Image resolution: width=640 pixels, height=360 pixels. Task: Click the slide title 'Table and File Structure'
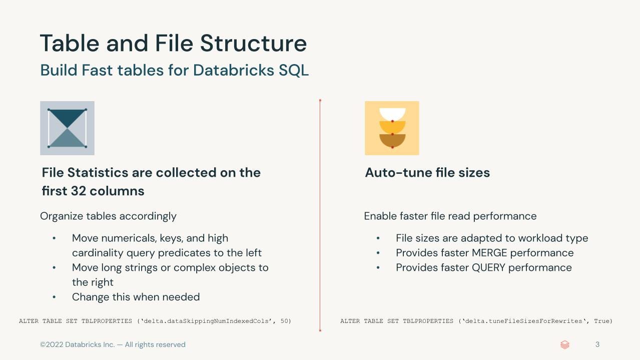point(173,43)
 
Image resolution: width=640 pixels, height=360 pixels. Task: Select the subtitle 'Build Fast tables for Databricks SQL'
point(174,70)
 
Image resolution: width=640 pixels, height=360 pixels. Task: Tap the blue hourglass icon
point(67,128)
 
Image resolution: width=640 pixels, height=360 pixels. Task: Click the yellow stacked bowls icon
point(392,128)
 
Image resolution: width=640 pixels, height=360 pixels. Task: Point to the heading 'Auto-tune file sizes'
point(427,173)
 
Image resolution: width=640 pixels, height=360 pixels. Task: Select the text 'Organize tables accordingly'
point(108,216)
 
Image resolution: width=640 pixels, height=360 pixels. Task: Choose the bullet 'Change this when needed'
point(136,297)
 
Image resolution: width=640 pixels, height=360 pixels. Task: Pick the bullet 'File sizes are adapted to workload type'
point(491,238)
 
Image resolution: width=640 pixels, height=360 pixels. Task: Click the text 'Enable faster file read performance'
point(450,216)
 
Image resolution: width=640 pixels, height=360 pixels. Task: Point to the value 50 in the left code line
point(285,321)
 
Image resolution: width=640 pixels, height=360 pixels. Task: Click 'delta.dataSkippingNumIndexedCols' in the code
point(207,321)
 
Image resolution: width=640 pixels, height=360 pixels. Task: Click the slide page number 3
point(597,344)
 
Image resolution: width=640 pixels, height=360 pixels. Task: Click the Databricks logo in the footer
point(565,344)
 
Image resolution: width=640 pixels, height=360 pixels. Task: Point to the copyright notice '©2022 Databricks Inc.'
point(77,344)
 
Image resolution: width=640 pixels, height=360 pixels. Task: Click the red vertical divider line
point(320,215)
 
